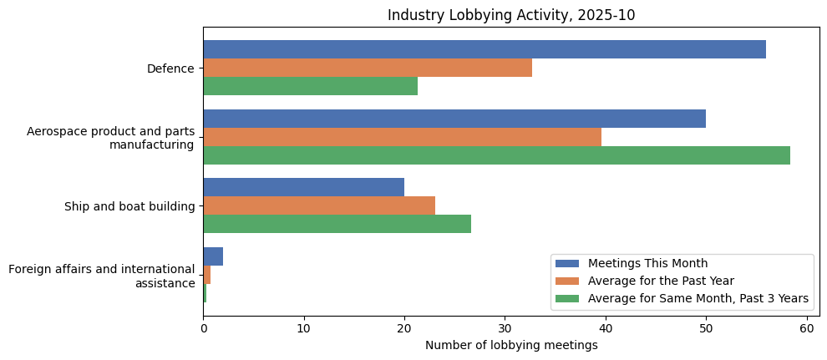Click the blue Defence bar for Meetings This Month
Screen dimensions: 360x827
485,49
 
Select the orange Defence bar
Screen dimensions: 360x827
368,68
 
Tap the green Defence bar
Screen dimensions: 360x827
310,86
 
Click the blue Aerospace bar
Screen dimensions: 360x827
454,119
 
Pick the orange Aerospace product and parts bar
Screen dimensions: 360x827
402,137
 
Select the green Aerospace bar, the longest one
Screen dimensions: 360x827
496,155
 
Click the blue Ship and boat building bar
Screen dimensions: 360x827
303,187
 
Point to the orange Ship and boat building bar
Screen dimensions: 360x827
319,205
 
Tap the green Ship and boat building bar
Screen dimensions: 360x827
337,224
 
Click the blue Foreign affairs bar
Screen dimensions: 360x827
213,256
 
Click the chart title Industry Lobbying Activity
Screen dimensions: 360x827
511,15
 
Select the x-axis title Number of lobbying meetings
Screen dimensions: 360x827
511,345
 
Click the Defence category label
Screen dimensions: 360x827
170,68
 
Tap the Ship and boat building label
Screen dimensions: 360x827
129,206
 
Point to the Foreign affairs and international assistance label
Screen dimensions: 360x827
101,276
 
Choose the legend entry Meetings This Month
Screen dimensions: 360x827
647,264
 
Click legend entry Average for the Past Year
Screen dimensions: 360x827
661,281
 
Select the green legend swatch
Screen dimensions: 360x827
567,298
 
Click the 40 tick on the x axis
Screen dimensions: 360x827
606,328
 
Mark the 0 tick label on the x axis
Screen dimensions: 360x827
203,328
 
